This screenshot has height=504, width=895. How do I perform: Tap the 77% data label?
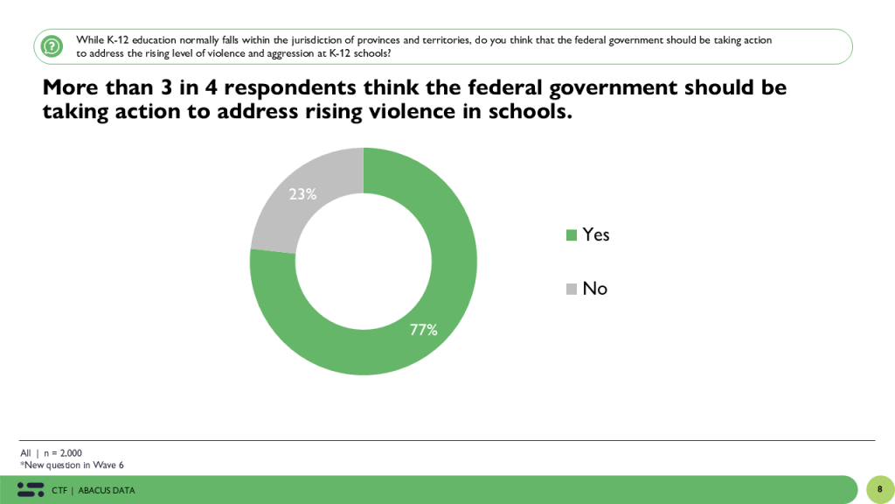pyautogui.click(x=424, y=330)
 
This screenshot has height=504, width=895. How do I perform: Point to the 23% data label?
pyautogui.click(x=302, y=194)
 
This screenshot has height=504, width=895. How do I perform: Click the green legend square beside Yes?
pyautogui.click(x=572, y=234)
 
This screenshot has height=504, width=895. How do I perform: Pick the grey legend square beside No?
pyautogui.click(x=572, y=289)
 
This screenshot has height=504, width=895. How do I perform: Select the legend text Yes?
pyautogui.click(x=596, y=234)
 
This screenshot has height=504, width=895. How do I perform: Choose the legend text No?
pyautogui.click(x=594, y=289)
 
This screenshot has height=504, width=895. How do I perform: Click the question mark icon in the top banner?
pyautogui.click(x=52, y=45)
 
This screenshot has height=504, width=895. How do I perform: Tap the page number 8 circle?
pyautogui.click(x=879, y=489)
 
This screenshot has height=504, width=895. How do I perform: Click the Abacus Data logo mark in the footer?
pyautogui.click(x=31, y=489)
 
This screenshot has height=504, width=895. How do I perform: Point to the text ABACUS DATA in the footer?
pyautogui.click(x=107, y=490)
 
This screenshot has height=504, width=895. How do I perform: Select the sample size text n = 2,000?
pyautogui.click(x=63, y=453)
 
